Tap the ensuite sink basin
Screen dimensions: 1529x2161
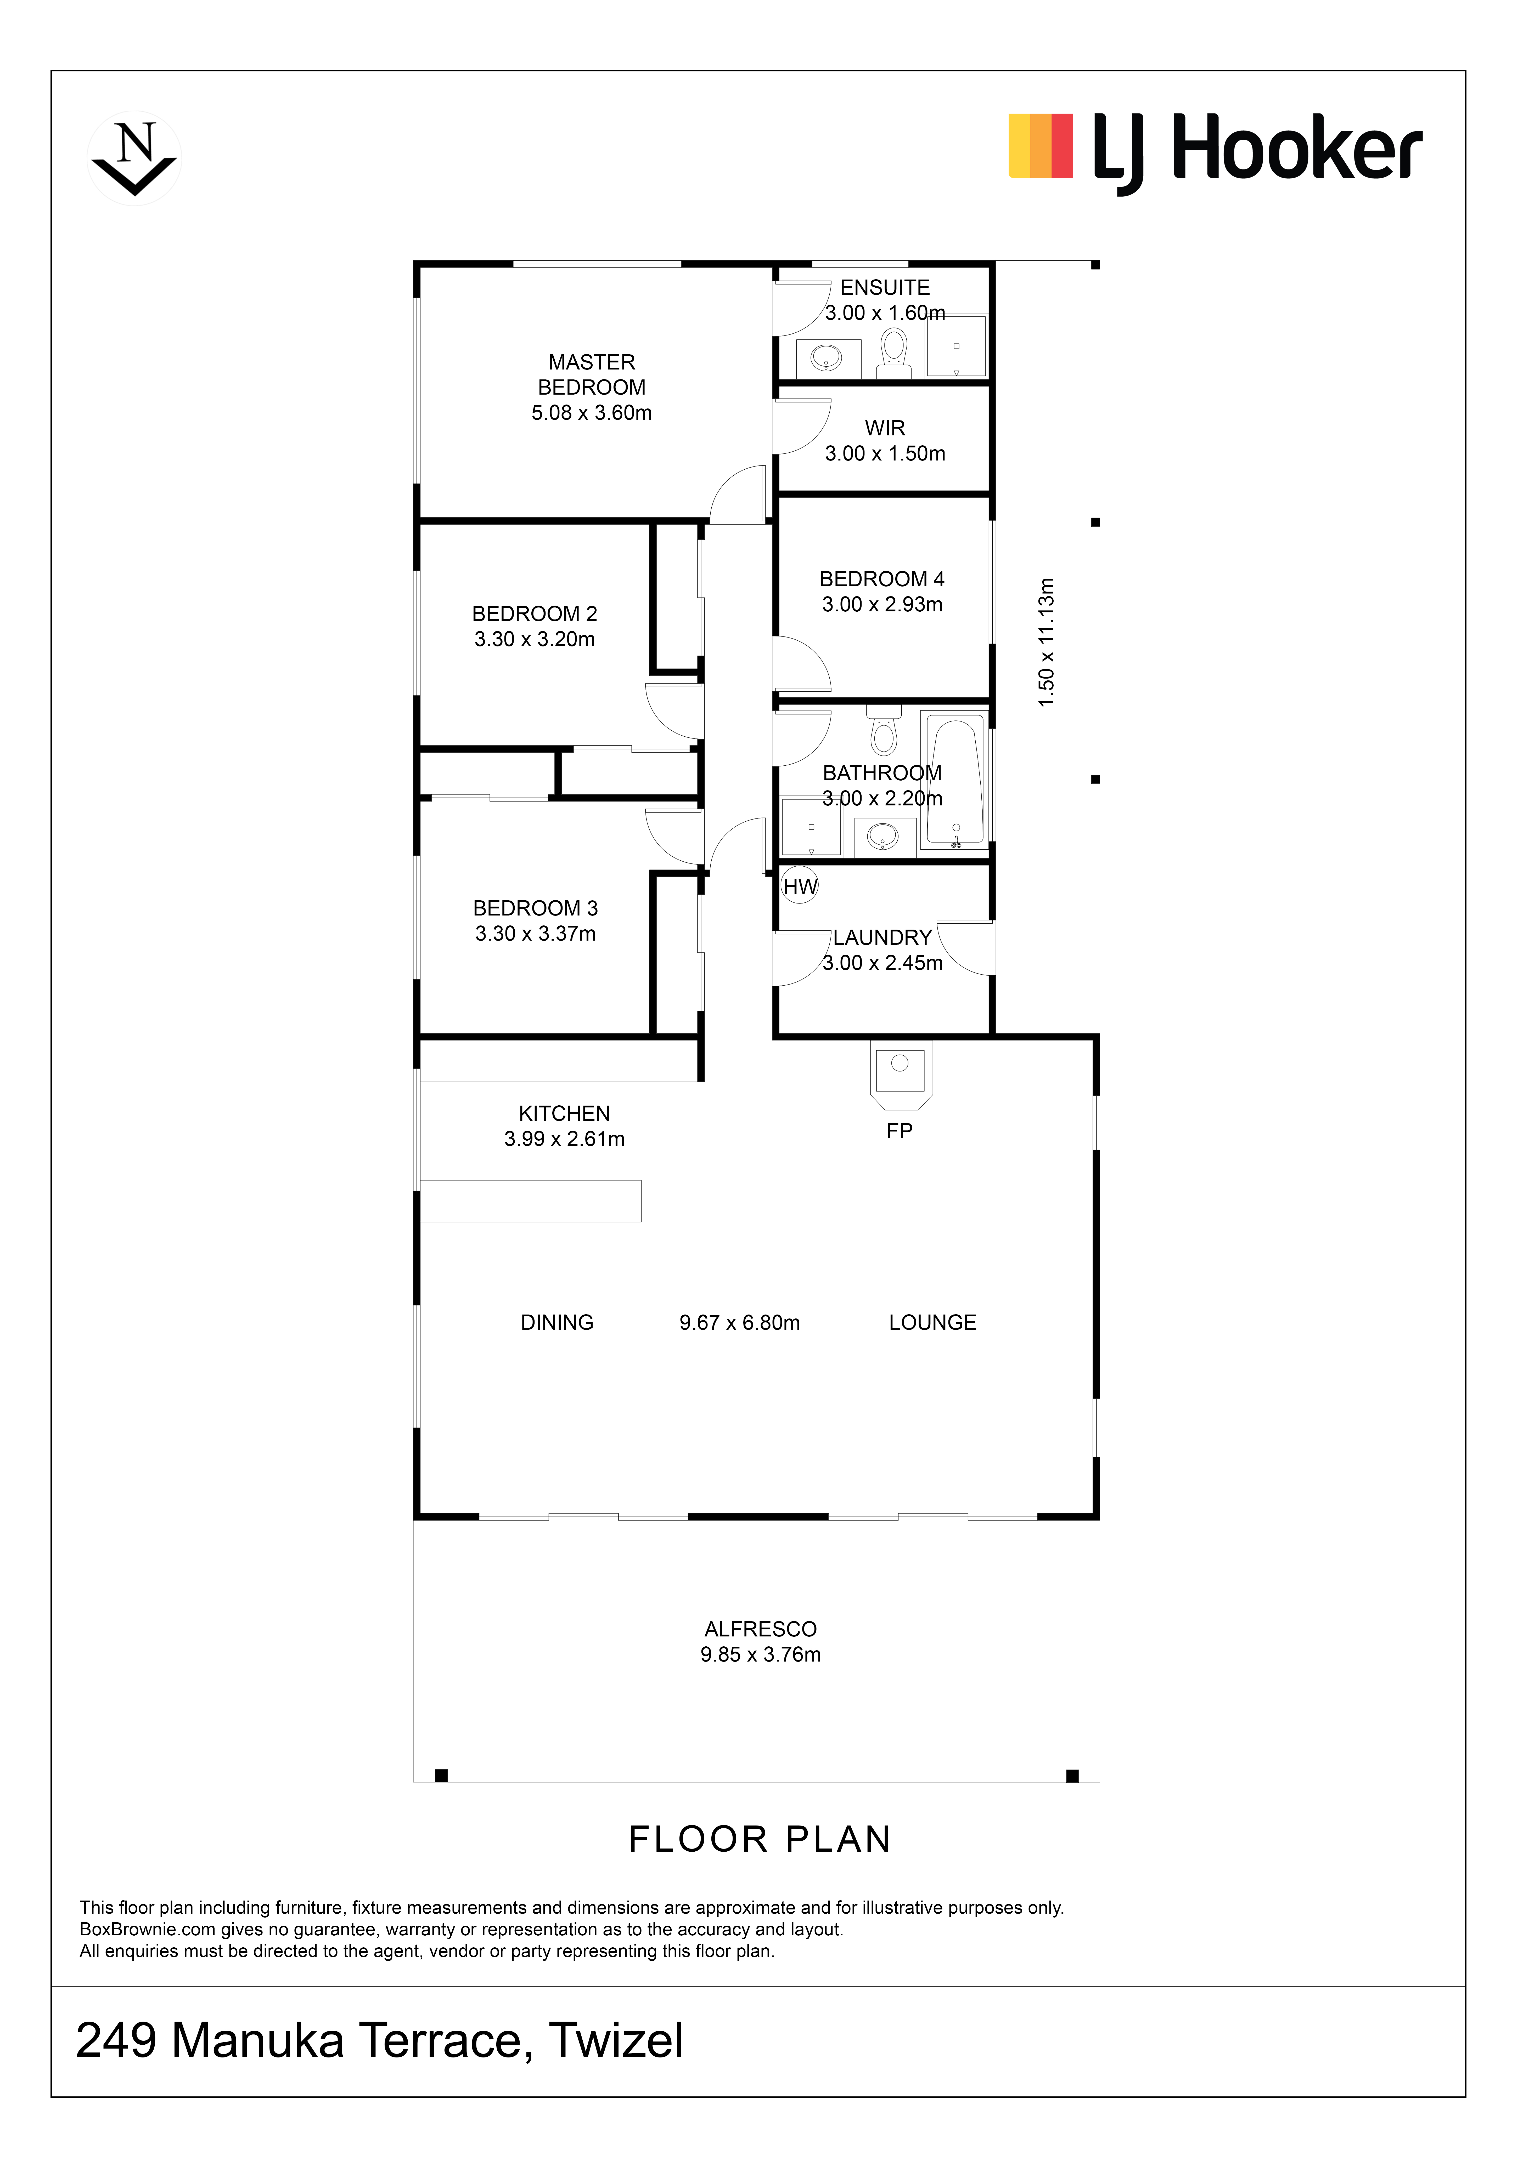pos(828,358)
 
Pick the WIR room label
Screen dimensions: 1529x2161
pos(885,428)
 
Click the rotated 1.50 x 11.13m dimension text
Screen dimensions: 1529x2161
pos(1046,643)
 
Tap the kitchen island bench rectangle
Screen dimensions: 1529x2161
pos(530,1201)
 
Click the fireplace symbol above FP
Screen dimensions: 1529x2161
pos(900,1074)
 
